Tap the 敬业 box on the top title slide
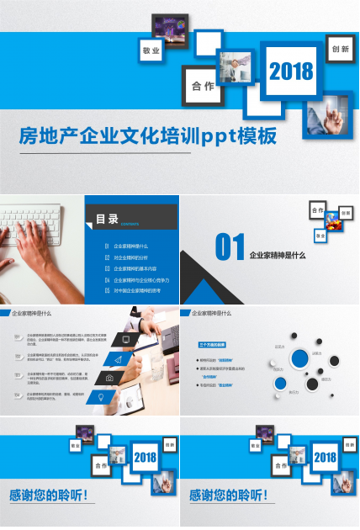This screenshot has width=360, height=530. tap(151, 51)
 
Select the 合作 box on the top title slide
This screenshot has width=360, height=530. tap(203, 86)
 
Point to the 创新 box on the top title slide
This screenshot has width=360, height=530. tap(340, 49)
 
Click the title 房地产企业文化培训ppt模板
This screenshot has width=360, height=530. tap(148, 135)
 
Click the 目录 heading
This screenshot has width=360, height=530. tap(107, 220)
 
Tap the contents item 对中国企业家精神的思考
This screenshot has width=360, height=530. tap(137, 290)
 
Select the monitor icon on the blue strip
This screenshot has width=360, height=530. tap(126, 340)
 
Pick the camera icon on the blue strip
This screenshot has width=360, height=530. tap(110, 379)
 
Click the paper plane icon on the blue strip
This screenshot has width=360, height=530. tap(119, 359)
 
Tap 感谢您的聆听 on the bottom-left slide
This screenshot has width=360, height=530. tap(49, 496)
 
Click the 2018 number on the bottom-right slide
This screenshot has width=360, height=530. tap(325, 458)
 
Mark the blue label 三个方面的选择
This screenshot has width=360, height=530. tap(211, 345)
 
